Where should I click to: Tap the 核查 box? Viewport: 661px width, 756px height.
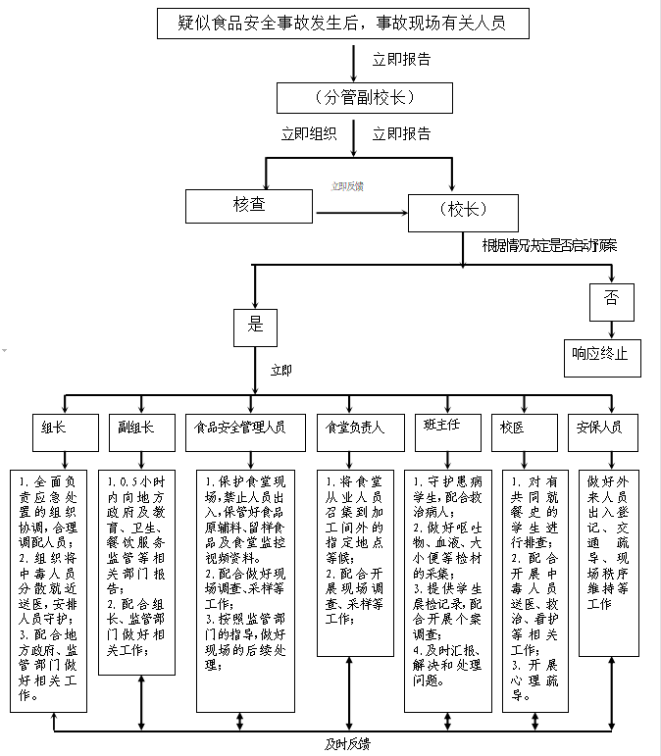coord(248,205)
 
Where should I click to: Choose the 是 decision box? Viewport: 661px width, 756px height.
coord(255,326)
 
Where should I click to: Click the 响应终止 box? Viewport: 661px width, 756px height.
coord(600,357)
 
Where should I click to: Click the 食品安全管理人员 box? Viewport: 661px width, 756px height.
coord(240,429)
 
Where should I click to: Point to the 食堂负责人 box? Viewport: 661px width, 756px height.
coord(351,429)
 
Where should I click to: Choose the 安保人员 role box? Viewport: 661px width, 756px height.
coord(603,428)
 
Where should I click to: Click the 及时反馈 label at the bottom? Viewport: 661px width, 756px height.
coord(348,744)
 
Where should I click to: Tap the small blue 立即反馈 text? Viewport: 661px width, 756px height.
coord(347,186)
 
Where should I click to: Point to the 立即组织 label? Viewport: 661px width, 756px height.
coord(309,134)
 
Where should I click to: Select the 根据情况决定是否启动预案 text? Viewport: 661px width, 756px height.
coord(548,245)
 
